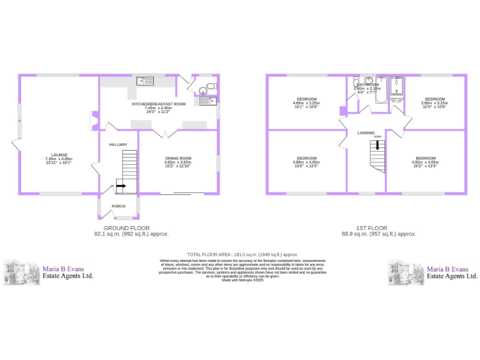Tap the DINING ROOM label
(178, 158)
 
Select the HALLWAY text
(118, 144)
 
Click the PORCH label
(118, 206)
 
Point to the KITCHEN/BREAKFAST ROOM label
(158, 104)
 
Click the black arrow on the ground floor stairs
(120, 186)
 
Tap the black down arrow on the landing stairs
(377, 145)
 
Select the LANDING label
(366, 133)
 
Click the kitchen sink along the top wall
(145, 80)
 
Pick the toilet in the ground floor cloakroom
(211, 86)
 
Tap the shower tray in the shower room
(397, 86)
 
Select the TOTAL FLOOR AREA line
(242, 255)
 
